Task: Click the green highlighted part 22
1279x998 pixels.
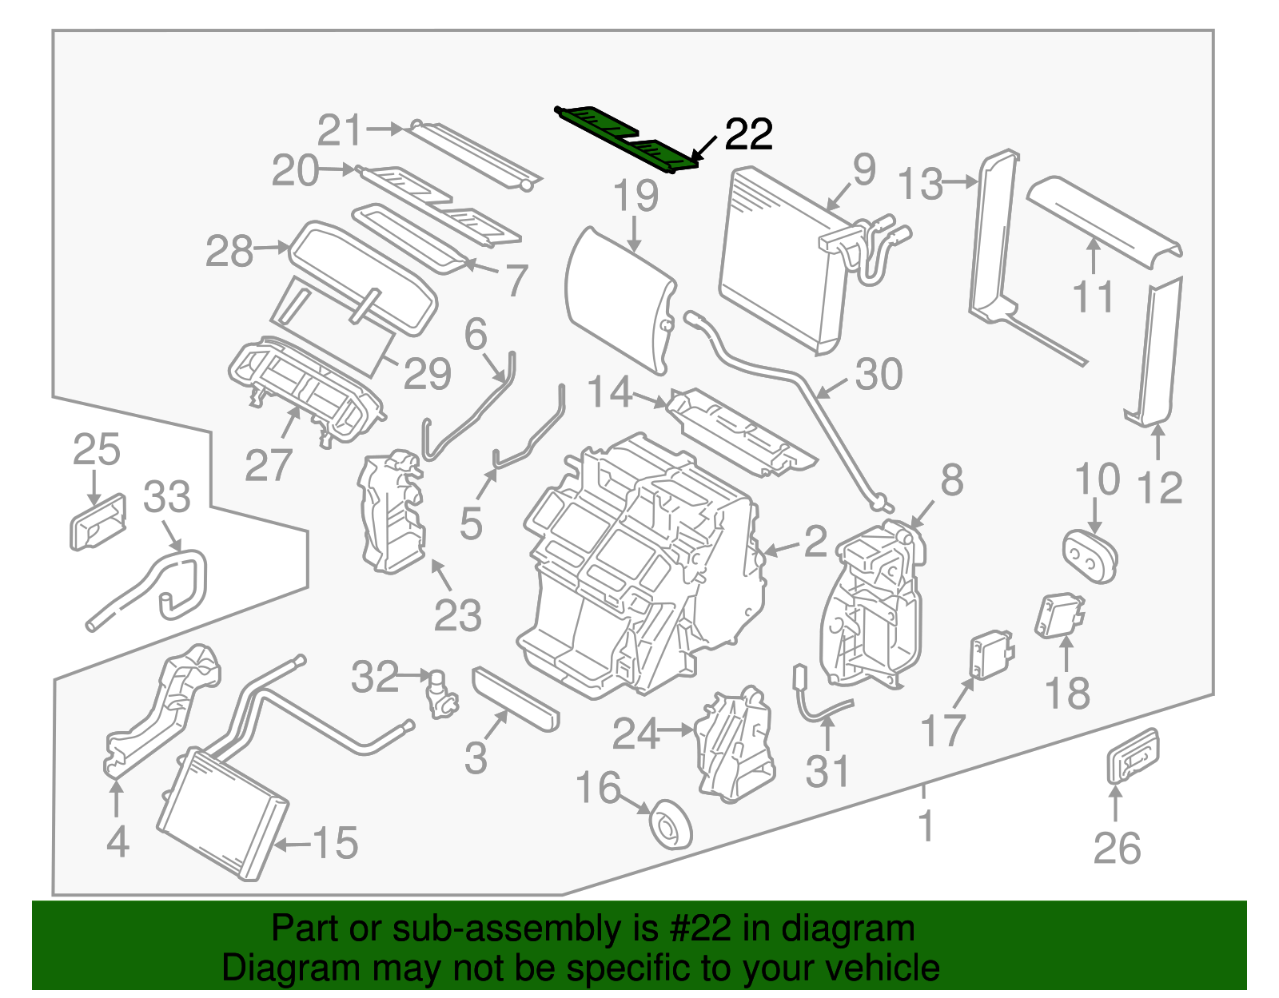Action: (x=628, y=137)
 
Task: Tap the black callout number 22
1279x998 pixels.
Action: (x=748, y=134)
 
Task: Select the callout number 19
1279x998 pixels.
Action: (x=636, y=196)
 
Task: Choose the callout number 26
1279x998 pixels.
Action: (x=1117, y=848)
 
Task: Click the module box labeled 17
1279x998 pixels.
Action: (x=990, y=654)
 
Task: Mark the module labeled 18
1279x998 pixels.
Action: (x=1060, y=616)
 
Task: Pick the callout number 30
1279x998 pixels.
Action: (x=879, y=374)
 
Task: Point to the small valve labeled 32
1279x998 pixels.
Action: (x=440, y=694)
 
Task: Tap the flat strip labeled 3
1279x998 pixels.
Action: (x=516, y=699)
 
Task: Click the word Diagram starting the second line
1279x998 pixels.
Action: (x=269, y=968)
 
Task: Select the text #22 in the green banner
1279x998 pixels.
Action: (x=702, y=929)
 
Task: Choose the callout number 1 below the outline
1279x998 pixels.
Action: (x=926, y=826)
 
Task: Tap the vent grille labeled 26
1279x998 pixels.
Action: (x=1132, y=755)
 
